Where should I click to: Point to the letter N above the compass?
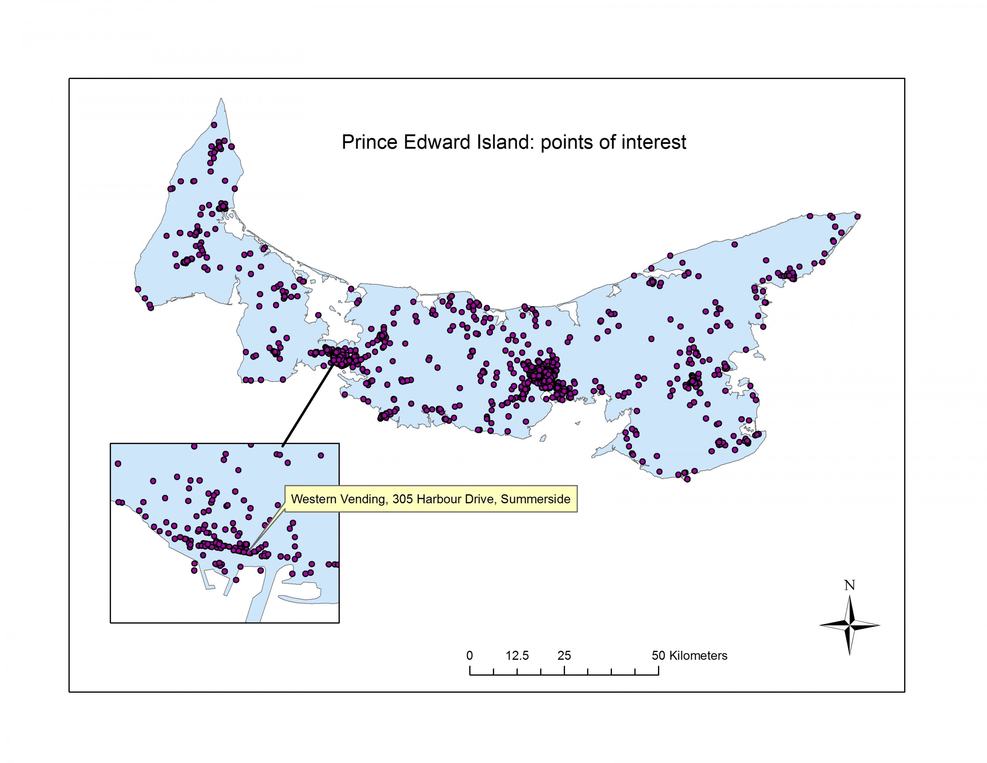coord(849,585)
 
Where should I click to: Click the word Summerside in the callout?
coord(536,499)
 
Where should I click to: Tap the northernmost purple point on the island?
coord(214,125)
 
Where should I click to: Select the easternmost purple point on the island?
coord(858,217)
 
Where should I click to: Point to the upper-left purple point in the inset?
coord(118,464)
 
